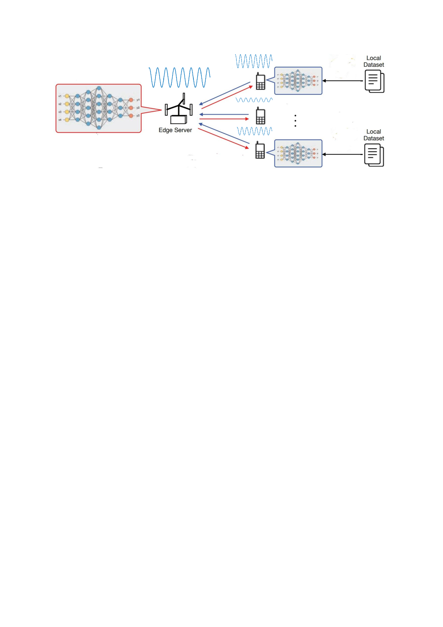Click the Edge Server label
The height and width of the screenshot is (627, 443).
pos(175,130)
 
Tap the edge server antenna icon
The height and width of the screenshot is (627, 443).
pos(179,109)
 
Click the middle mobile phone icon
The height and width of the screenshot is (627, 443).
pos(260,116)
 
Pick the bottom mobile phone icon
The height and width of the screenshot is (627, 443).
pos(260,150)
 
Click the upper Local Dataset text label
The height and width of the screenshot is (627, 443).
pos(374,61)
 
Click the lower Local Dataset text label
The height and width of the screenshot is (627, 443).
pos(374,135)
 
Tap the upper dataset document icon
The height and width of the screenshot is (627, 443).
pos(374,81)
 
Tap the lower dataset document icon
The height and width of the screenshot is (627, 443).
pos(374,155)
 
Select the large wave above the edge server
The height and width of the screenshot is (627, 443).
pos(179,77)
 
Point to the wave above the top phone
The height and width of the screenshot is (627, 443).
pos(254,61)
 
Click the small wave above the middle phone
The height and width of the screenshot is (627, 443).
pos(254,100)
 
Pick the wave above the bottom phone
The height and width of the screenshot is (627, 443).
pos(254,131)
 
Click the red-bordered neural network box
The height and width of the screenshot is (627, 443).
pos(99,108)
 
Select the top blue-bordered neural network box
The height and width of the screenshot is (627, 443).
pos(298,81)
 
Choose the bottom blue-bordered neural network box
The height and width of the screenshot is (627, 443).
pos(298,153)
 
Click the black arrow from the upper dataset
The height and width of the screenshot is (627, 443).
pos(342,81)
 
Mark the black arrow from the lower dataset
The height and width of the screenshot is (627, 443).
pos(342,154)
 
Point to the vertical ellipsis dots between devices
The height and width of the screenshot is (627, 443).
pos(295,121)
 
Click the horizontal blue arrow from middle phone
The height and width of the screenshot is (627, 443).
pos(224,114)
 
